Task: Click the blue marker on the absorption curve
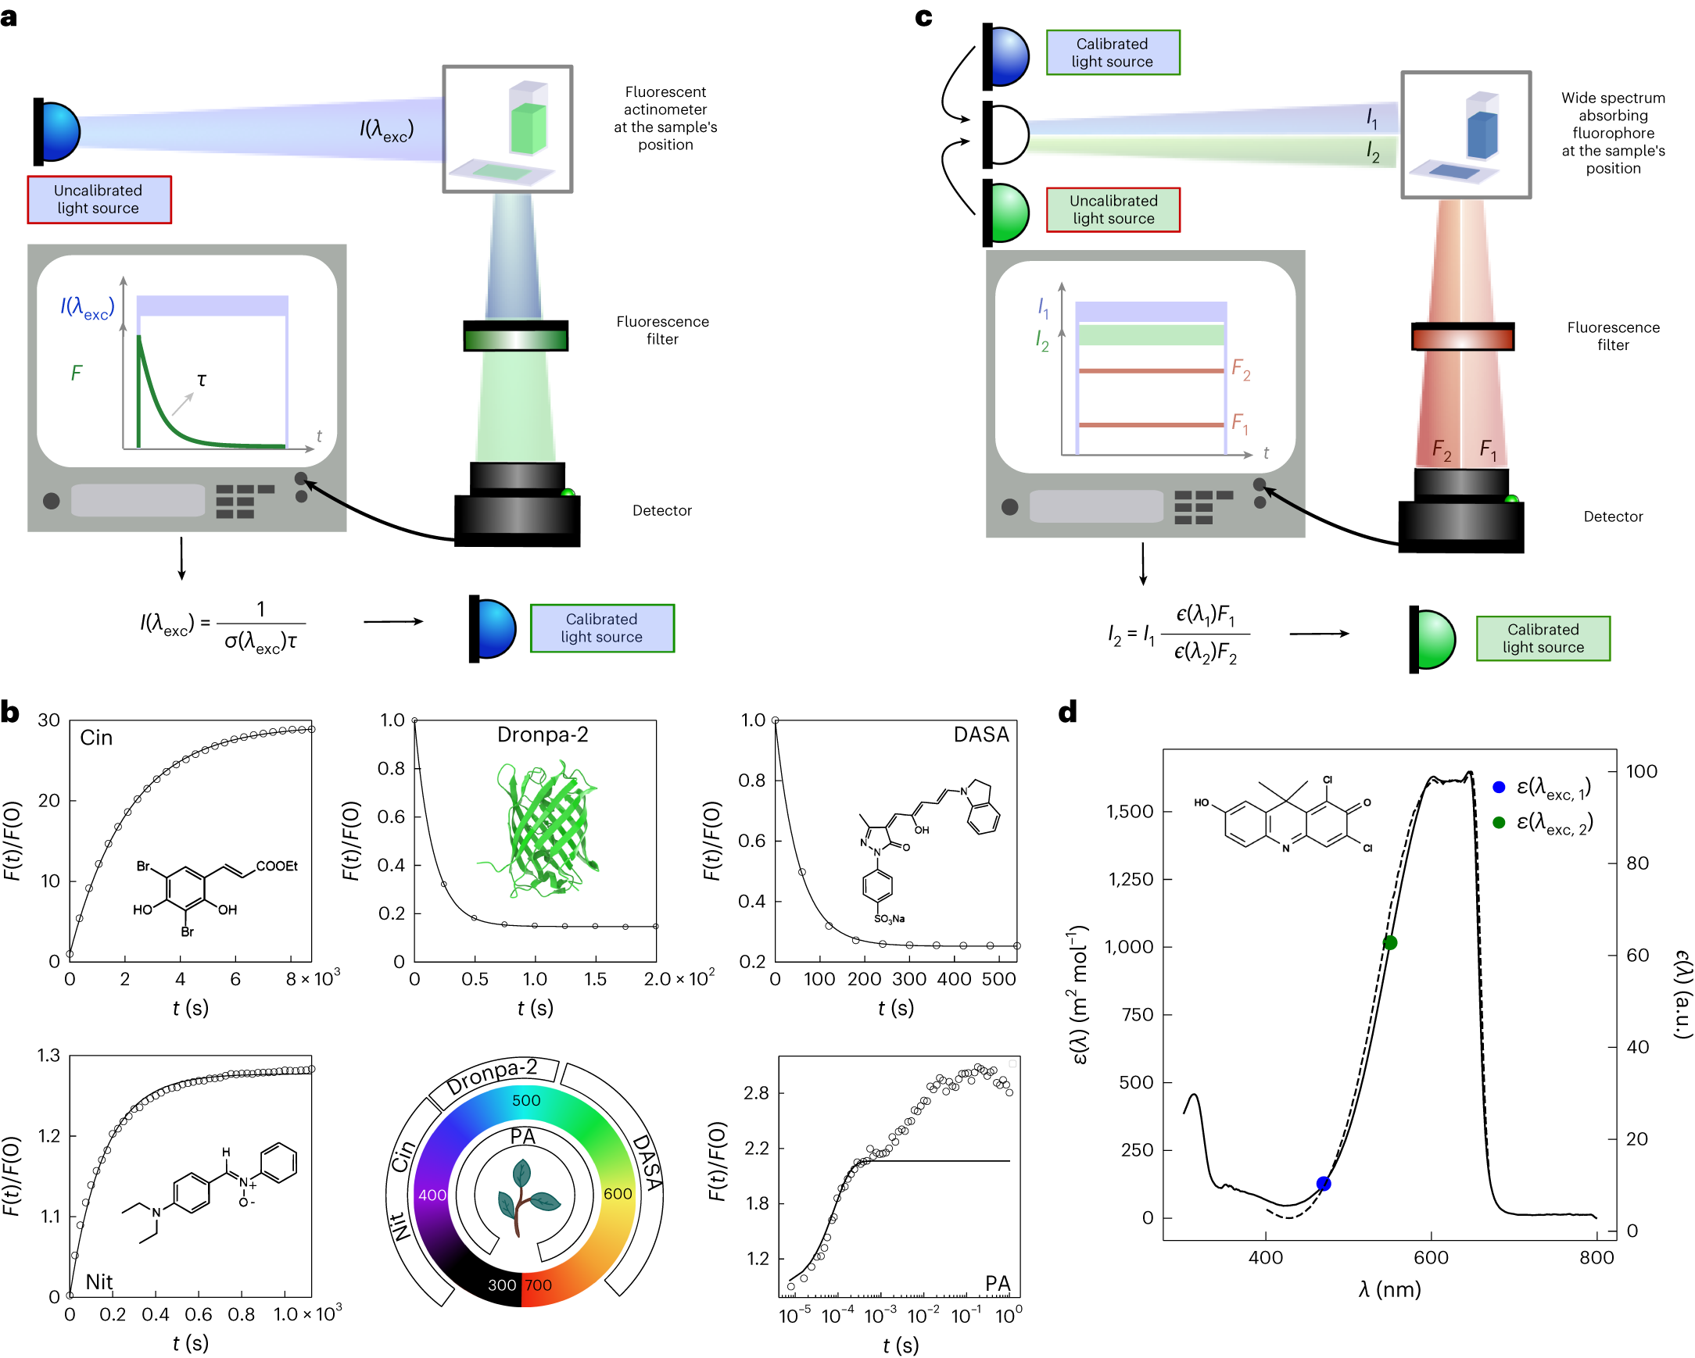(1324, 1184)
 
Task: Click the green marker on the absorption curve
(1390, 943)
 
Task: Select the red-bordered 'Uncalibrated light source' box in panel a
(99, 199)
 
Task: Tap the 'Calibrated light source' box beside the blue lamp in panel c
(1113, 52)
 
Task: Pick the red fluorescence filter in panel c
(1462, 338)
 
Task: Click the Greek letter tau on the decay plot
(202, 381)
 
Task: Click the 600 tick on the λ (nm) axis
(1431, 1258)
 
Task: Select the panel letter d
(1068, 712)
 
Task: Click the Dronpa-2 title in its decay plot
(543, 734)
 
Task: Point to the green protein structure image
(543, 829)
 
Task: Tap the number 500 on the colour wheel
(526, 1100)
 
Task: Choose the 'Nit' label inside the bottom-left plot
(99, 1281)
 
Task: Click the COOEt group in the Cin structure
(277, 866)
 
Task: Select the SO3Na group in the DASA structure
(889, 919)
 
